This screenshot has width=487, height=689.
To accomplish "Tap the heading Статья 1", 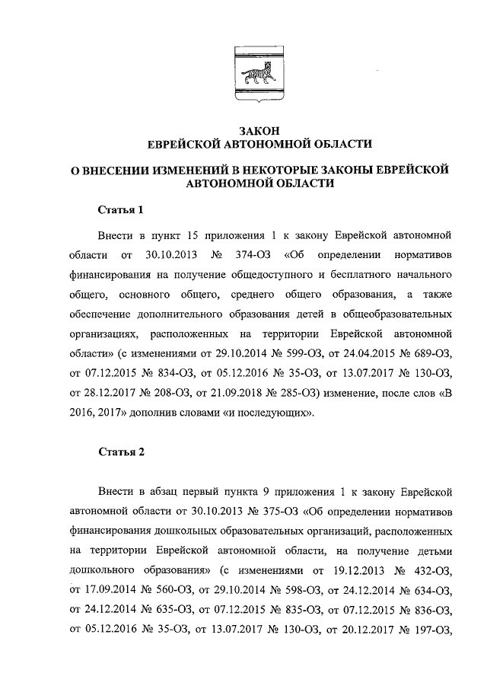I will [120, 210].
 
